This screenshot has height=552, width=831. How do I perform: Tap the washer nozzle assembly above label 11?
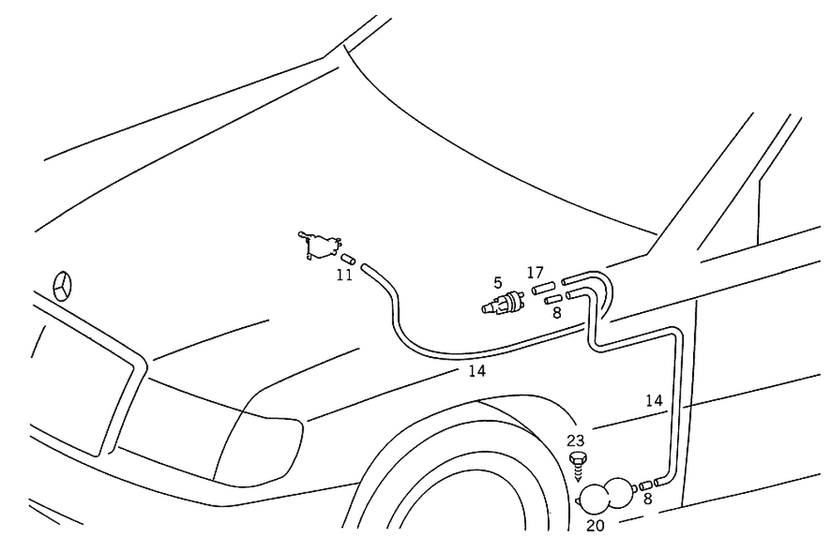point(321,244)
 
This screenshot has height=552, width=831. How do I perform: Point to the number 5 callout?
point(498,283)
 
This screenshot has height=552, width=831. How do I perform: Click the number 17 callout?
point(534,272)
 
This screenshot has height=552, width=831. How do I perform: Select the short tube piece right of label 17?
point(543,287)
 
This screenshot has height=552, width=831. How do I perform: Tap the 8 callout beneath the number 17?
point(556,314)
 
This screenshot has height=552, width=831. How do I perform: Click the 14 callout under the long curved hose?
point(476,371)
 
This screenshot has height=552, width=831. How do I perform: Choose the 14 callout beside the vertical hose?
point(654,401)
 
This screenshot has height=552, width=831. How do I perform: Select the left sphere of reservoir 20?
point(594,498)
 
